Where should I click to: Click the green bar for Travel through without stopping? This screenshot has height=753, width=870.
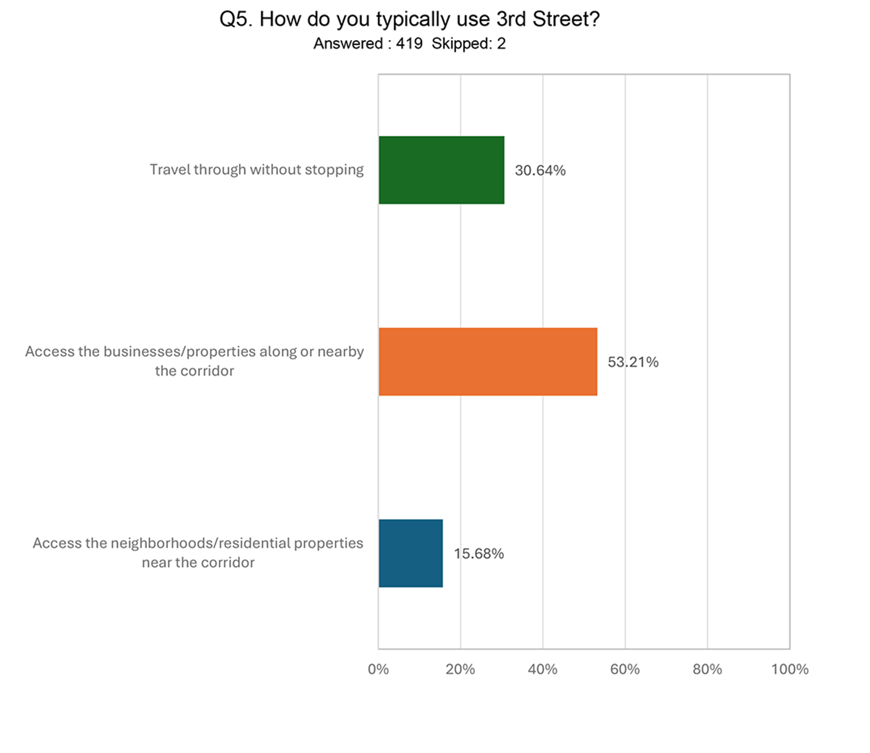(441, 170)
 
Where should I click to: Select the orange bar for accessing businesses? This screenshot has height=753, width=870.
(487, 361)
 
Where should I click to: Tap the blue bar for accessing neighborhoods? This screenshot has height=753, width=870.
(410, 553)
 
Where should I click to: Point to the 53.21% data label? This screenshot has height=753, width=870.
(633, 362)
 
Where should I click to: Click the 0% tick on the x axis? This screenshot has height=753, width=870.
(378, 669)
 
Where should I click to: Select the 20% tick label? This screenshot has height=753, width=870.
(460, 669)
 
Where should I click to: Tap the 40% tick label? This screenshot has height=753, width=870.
(542, 669)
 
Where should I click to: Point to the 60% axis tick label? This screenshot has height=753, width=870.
(625, 669)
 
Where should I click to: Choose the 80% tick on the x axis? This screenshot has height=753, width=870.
(707, 669)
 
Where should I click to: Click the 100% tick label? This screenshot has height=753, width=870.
(789, 669)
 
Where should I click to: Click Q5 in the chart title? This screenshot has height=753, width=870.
(236, 19)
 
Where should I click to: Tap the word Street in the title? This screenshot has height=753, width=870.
(566, 19)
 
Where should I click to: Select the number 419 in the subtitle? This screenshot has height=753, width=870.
(409, 43)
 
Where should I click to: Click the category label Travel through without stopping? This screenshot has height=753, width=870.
(256, 169)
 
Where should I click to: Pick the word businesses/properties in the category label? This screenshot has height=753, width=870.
(179, 351)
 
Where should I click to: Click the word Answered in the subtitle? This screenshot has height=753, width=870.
(348, 43)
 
